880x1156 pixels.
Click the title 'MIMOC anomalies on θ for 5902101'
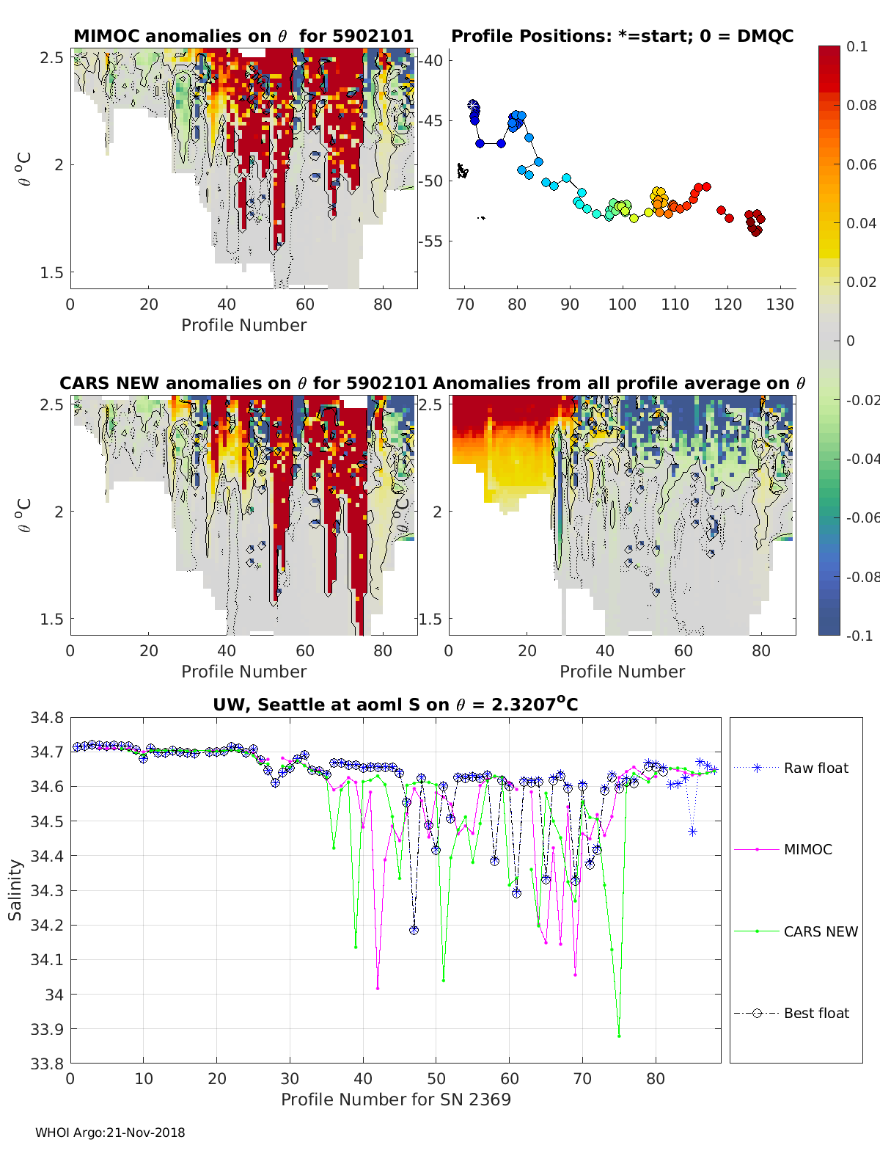(x=243, y=36)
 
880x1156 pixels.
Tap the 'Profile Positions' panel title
(x=622, y=36)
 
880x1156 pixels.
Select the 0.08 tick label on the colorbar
(x=862, y=105)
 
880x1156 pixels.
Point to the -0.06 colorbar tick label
(x=862, y=517)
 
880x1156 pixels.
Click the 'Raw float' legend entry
(x=815, y=768)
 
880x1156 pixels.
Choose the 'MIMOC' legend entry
(x=807, y=849)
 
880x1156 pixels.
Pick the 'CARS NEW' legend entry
(x=820, y=931)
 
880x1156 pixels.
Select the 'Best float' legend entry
(x=815, y=1013)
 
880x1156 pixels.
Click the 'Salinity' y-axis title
(x=15, y=890)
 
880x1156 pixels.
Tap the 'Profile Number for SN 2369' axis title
(x=395, y=1099)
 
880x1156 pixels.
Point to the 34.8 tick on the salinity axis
(x=46, y=718)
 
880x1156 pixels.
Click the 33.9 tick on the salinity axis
(x=46, y=1029)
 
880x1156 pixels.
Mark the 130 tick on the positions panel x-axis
(x=780, y=305)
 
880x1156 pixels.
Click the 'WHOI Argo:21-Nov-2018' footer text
(x=110, y=1133)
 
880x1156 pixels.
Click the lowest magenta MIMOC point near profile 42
(x=378, y=988)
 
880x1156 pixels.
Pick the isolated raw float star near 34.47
(x=692, y=831)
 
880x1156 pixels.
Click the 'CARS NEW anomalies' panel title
(x=243, y=383)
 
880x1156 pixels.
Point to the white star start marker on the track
(x=473, y=106)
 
